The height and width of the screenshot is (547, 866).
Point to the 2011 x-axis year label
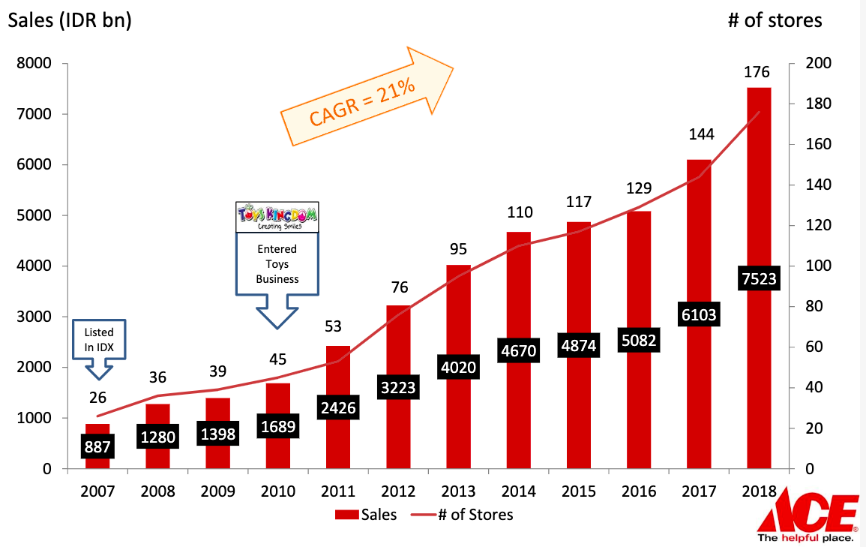(337, 491)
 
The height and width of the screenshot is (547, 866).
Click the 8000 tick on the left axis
(35, 64)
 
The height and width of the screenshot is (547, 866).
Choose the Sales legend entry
(365, 515)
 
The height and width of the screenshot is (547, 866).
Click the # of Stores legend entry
(464, 515)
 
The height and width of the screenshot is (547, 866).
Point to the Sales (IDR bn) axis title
(70, 20)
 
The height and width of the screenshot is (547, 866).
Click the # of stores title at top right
(775, 20)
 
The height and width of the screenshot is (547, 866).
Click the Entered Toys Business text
(277, 263)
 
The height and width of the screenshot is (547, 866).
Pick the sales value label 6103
(698, 316)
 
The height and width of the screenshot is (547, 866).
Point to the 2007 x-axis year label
(97, 491)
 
